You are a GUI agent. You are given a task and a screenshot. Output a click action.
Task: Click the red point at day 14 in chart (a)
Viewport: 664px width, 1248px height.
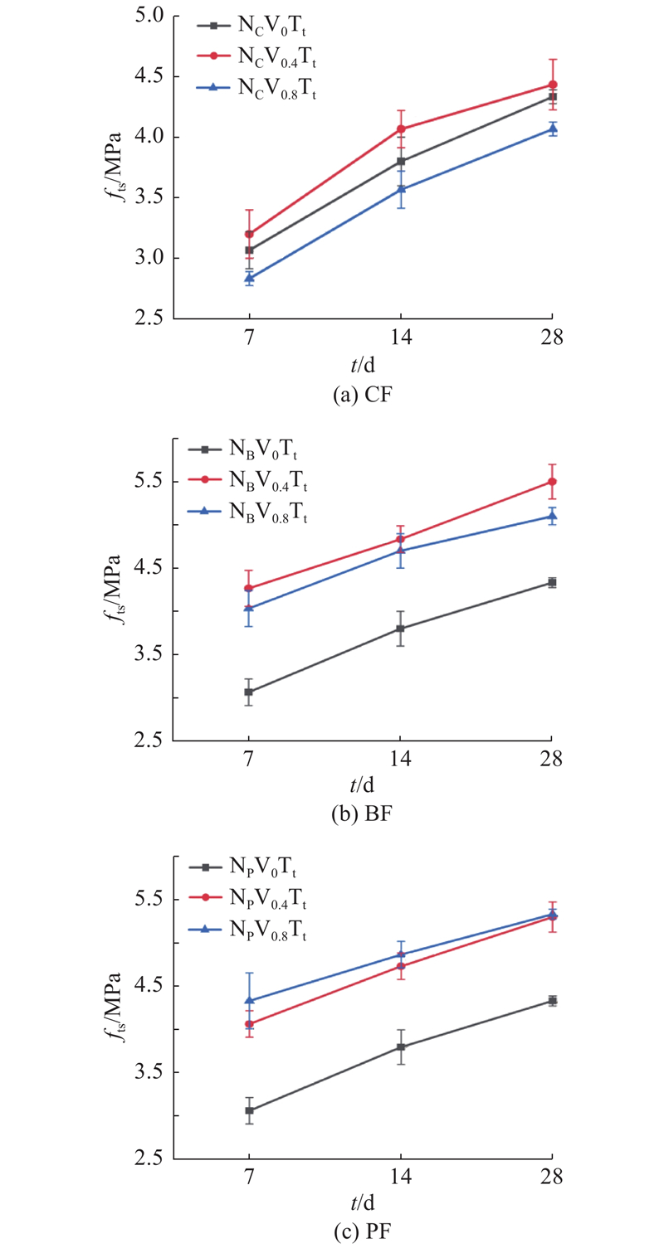pyautogui.click(x=401, y=129)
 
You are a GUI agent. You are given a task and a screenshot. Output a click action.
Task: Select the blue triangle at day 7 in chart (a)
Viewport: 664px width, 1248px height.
pyautogui.click(x=249, y=279)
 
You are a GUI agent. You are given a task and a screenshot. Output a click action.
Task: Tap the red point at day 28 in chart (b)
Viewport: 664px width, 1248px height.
pyautogui.click(x=552, y=482)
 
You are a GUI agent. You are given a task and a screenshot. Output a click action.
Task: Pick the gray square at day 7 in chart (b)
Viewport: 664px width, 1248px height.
pyautogui.click(x=249, y=692)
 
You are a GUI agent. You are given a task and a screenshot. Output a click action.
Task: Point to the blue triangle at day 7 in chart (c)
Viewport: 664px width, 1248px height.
pyautogui.click(x=249, y=1000)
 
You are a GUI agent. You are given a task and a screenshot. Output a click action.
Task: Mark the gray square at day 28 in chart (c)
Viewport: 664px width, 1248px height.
pyautogui.click(x=552, y=1001)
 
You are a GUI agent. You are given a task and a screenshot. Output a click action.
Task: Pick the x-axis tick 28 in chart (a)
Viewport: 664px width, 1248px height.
pyautogui.click(x=552, y=337)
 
